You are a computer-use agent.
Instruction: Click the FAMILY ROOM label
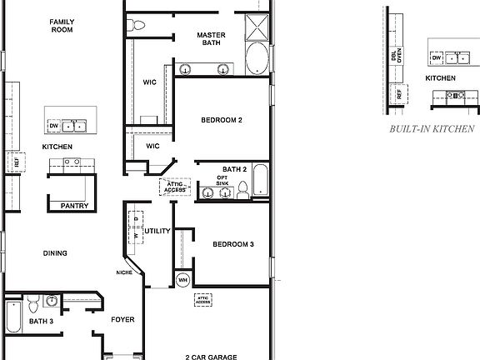[61, 25]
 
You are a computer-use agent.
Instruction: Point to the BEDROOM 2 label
[221, 120]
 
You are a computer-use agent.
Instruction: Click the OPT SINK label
[222, 181]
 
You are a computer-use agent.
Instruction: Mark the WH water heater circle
[182, 279]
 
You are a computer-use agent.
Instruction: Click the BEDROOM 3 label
[232, 244]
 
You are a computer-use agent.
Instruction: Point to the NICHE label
[124, 272]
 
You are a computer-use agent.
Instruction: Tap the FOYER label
[122, 319]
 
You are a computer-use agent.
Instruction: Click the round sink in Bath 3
[52, 301]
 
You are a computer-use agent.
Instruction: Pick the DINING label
[56, 253]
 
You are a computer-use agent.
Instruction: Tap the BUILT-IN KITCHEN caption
[432, 129]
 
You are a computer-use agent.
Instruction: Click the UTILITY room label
[157, 231]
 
